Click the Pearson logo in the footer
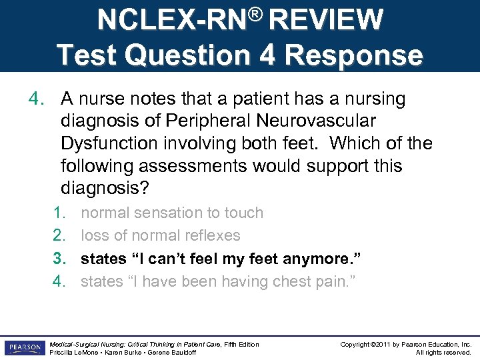coord(24,347)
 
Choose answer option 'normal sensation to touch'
coord(172,213)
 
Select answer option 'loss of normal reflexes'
coord(160,235)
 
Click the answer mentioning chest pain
coord(218,281)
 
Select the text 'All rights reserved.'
coord(443,352)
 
